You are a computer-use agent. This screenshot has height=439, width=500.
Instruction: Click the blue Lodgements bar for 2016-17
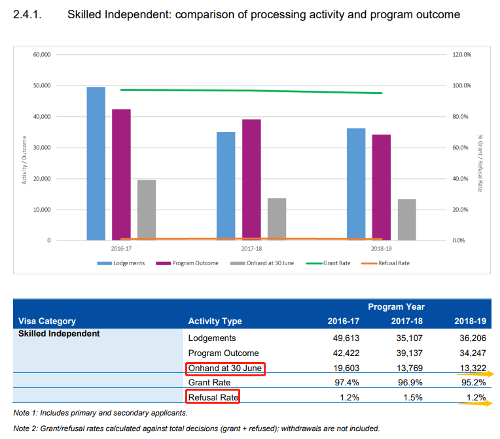click(x=96, y=163)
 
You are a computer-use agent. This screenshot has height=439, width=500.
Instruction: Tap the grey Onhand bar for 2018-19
click(x=406, y=219)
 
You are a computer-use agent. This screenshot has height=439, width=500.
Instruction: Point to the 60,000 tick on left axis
click(x=41, y=55)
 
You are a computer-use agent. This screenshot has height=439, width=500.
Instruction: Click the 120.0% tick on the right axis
click(x=461, y=55)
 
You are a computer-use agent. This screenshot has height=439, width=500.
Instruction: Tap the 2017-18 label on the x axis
click(x=251, y=249)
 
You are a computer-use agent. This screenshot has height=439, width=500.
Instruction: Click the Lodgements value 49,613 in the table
click(x=344, y=338)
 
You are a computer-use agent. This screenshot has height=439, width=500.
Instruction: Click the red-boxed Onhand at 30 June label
click(x=225, y=368)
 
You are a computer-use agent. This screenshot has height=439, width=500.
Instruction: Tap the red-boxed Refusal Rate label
click(x=213, y=397)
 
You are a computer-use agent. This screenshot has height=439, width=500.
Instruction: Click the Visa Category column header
click(x=47, y=321)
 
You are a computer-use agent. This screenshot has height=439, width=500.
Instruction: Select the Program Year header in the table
click(x=396, y=306)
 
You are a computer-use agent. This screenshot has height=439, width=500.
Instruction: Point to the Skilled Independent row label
click(x=59, y=333)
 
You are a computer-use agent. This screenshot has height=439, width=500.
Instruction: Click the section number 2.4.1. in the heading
click(x=28, y=14)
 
